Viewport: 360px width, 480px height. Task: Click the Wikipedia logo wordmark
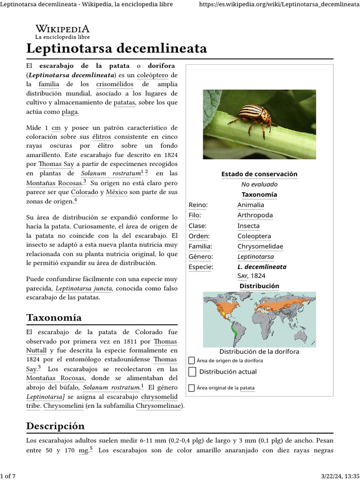pos(62,29)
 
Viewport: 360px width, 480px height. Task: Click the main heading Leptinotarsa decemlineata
pos(116,48)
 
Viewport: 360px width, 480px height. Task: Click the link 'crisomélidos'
pos(115,84)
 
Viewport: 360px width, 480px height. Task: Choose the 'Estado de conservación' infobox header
pos(259,174)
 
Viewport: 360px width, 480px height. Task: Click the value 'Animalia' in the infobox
pos(250,205)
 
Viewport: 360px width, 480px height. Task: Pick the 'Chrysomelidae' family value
pos(260,246)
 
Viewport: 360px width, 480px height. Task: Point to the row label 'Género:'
pos(201,256)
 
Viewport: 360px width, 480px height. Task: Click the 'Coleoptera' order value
pos(254,236)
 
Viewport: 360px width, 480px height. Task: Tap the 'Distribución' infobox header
pos(259,286)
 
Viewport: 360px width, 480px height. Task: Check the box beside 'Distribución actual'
pos(192,372)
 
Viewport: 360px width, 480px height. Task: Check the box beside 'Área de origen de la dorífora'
pos(191,360)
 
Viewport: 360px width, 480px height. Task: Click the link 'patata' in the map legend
pos(247,388)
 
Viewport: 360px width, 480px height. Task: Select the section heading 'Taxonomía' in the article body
pos(54,317)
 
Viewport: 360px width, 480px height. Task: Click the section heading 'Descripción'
pos(55,426)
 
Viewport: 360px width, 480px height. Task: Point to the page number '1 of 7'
pos(8,476)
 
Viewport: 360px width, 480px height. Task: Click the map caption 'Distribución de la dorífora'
pos(259,352)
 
